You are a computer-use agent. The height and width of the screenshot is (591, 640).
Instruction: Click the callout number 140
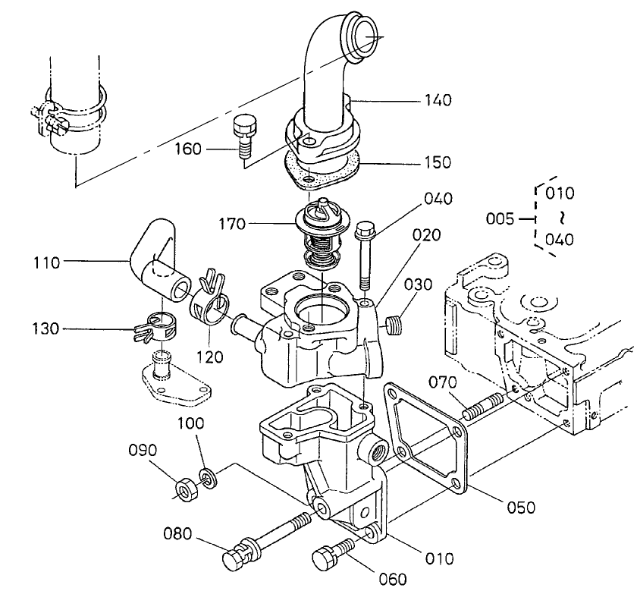438,100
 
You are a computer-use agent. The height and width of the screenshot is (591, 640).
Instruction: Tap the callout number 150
438,162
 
